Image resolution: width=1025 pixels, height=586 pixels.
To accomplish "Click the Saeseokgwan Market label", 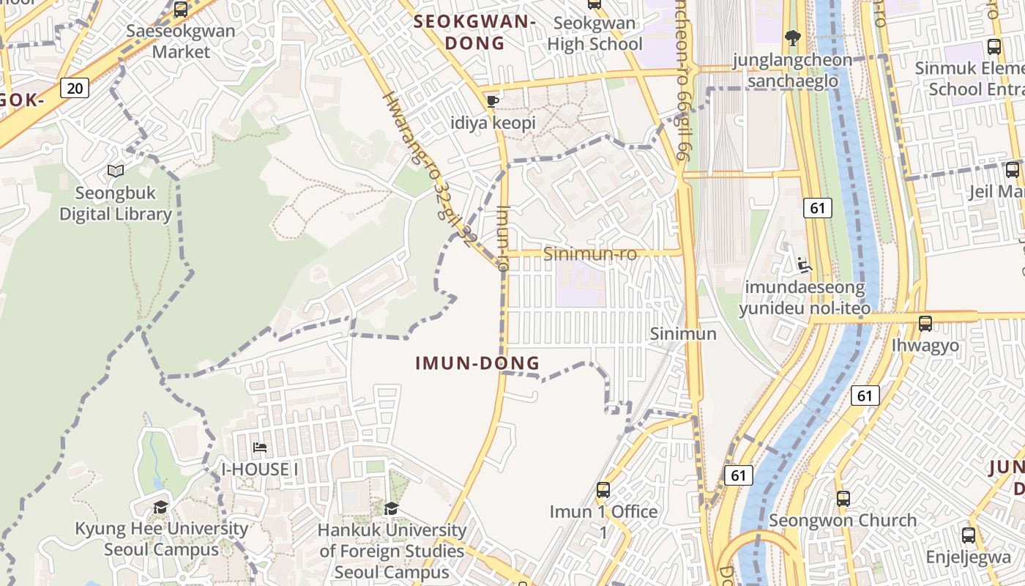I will click(181, 41).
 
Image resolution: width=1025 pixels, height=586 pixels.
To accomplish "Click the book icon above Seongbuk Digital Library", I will click(115, 171).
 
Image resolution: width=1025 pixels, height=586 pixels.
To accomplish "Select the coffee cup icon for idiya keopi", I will click(493, 101).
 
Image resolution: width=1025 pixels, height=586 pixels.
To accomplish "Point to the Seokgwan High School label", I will click(594, 34).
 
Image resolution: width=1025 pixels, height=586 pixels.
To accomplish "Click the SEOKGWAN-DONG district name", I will click(474, 32).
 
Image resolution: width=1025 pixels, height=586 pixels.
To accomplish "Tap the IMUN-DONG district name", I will click(477, 363).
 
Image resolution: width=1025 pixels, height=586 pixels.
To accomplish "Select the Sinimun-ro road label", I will click(590, 253).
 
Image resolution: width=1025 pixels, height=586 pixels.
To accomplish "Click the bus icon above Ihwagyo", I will click(925, 323).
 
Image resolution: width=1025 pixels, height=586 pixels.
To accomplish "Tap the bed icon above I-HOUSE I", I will click(259, 448).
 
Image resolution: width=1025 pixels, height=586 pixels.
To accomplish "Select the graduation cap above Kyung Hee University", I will click(160, 507).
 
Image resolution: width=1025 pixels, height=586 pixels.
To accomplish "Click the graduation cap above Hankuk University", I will click(392, 508).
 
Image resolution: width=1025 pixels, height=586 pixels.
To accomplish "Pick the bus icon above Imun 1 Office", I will click(603, 490).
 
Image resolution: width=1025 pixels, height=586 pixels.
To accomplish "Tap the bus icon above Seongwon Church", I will click(843, 499).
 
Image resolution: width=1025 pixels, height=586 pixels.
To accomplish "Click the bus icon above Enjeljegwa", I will click(969, 535).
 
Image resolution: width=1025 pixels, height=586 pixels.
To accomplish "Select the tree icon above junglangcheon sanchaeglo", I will click(792, 37).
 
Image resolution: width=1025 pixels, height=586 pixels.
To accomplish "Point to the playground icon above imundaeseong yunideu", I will click(804, 264).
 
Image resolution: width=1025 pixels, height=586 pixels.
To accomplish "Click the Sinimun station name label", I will click(683, 334).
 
